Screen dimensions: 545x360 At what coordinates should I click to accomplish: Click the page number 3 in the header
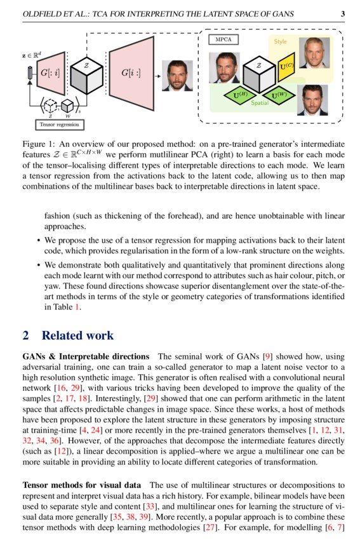pos(343,13)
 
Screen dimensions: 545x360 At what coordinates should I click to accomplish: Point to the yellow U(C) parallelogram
pos(287,65)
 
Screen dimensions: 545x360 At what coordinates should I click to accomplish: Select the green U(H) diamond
pos(239,95)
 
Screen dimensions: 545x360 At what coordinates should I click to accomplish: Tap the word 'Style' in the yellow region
pos(280,42)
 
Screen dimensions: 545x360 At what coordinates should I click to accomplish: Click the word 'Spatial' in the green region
pos(259,102)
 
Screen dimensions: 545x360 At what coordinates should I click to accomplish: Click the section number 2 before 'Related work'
pos(26,335)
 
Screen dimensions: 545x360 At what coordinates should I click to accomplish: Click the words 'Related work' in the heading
pos(77,335)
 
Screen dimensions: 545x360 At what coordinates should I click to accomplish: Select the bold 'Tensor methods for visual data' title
pos(83,485)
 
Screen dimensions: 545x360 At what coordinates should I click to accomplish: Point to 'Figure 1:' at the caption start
pos(40,144)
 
